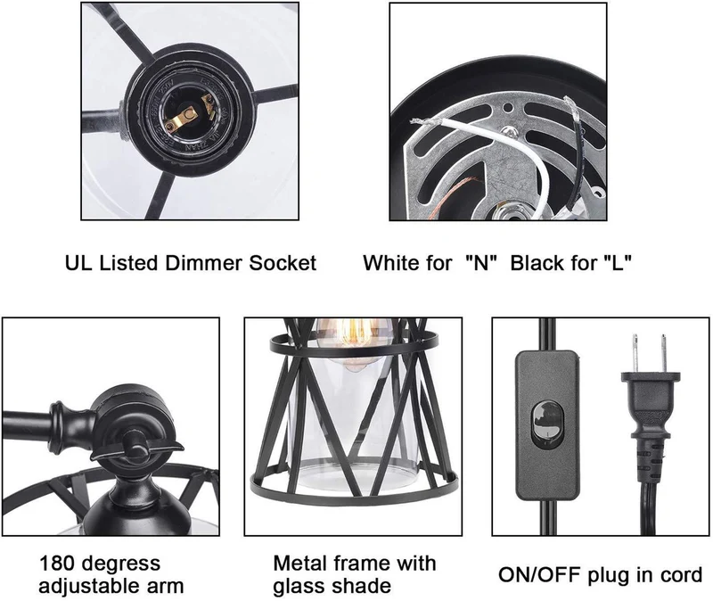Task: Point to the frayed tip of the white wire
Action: click(416, 121)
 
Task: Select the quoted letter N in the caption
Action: click(481, 263)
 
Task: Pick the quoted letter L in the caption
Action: click(618, 263)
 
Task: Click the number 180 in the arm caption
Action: click(56, 564)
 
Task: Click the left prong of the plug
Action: click(635, 353)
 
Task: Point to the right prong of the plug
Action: click(664, 353)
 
